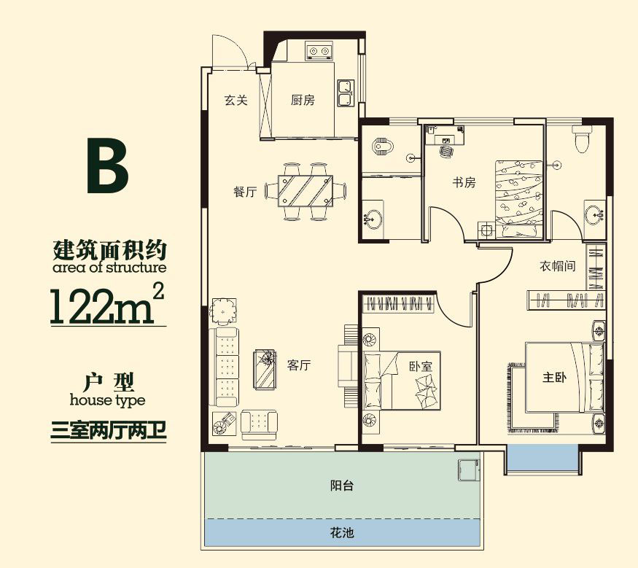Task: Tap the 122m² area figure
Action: click(106, 305)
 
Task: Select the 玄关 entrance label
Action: click(236, 101)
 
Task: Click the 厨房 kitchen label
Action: click(303, 101)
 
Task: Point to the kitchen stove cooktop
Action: click(318, 52)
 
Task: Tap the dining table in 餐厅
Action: click(307, 191)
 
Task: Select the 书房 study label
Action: click(464, 182)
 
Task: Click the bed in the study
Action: click(518, 197)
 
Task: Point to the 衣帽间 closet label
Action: click(558, 266)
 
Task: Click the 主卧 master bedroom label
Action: click(553, 378)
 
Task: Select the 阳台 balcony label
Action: click(341, 486)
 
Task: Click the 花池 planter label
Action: click(341, 533)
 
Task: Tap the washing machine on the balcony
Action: click(467, 470)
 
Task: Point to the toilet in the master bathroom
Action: click(582, 139)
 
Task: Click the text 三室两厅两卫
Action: click(109, 430)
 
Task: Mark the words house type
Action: click(107, 400)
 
